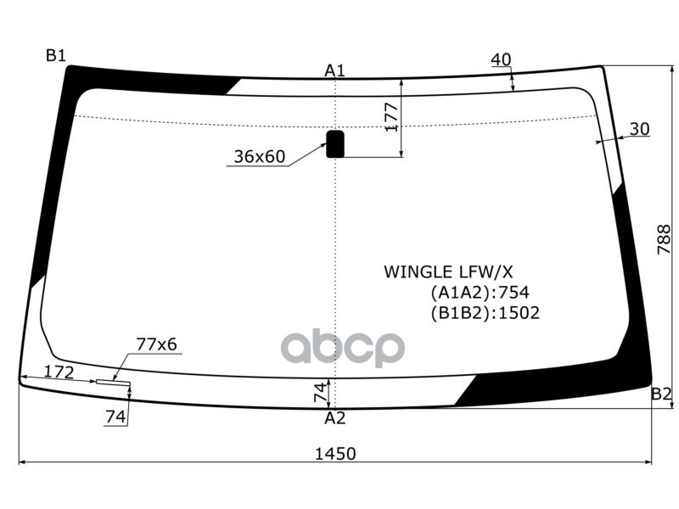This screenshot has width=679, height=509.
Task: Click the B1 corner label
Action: (x=55, y=56)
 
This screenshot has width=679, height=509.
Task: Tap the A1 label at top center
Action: (x=334, y=70)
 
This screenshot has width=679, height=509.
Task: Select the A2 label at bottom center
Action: (x=334, y=417)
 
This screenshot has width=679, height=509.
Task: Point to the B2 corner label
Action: (x=661, y=394)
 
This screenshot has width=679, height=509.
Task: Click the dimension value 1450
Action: (x=335, y=454)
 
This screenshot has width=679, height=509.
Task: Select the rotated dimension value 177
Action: (x=391, y=117)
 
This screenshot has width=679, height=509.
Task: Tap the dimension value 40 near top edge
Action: (x=501, y=59)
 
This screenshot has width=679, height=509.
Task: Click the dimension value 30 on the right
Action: (x=639, y=129)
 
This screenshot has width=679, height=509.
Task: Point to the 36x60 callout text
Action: (x=260, y=157)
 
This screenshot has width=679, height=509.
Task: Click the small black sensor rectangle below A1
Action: (x=335, y=144)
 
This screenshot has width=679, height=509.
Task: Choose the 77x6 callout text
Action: (x=156, y=344)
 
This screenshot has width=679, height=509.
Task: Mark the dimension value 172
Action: (x=59, y=372)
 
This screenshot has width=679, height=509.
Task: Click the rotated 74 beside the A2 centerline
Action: (x=320, y=393)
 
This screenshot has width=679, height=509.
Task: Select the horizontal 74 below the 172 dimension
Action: (x=115, y=416)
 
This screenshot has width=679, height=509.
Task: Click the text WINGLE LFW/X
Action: (x=448, y=272)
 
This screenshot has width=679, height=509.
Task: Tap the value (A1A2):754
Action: (x=480, y=293)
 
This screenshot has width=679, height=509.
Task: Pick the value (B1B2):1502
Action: (x=485, y=313)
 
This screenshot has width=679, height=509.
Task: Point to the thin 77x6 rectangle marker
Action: (x=113, y=383)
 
